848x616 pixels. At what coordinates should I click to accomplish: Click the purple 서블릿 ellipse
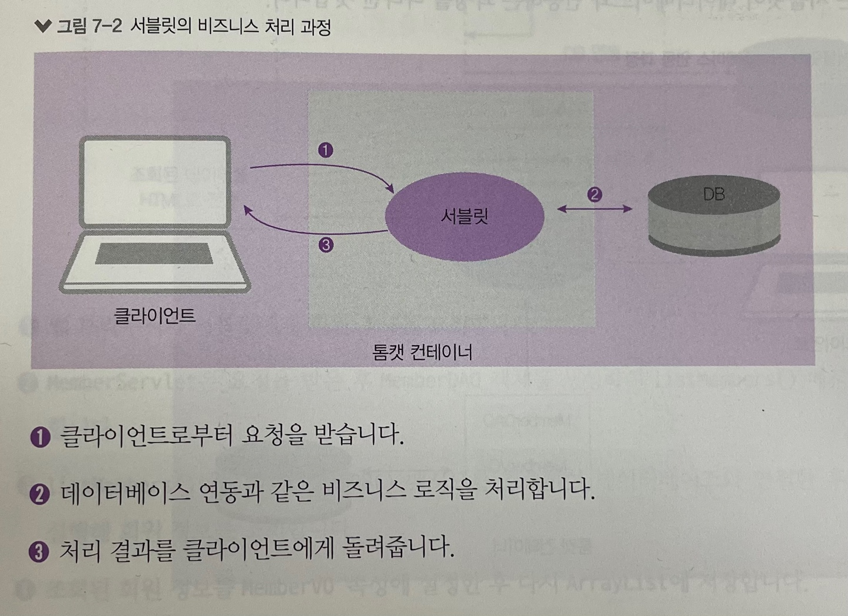(x=464, y=217)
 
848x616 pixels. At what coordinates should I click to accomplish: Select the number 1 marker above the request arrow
(x=325, y=150)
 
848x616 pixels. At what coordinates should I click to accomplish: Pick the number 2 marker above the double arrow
(x=594, y=194)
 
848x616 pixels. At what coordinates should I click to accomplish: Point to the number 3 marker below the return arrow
(x=325, y=245)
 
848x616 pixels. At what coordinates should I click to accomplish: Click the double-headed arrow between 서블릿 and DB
(x=594, y=208)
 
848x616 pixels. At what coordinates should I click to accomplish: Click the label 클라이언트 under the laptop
(x=154, y=316)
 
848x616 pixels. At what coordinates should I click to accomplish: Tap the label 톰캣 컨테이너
(x=422, y=352)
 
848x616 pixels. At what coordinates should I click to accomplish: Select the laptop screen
(x=155, y=182)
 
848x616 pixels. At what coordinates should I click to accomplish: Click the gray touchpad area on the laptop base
(x=154, y=254)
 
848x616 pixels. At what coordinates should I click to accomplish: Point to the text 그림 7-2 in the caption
(x=88, y=27)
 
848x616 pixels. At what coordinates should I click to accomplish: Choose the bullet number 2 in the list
(x=39, y=493)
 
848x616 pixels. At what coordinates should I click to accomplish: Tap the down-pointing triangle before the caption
(x=43, y=26)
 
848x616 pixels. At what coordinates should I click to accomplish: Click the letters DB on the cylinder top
(x=714, y=194)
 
